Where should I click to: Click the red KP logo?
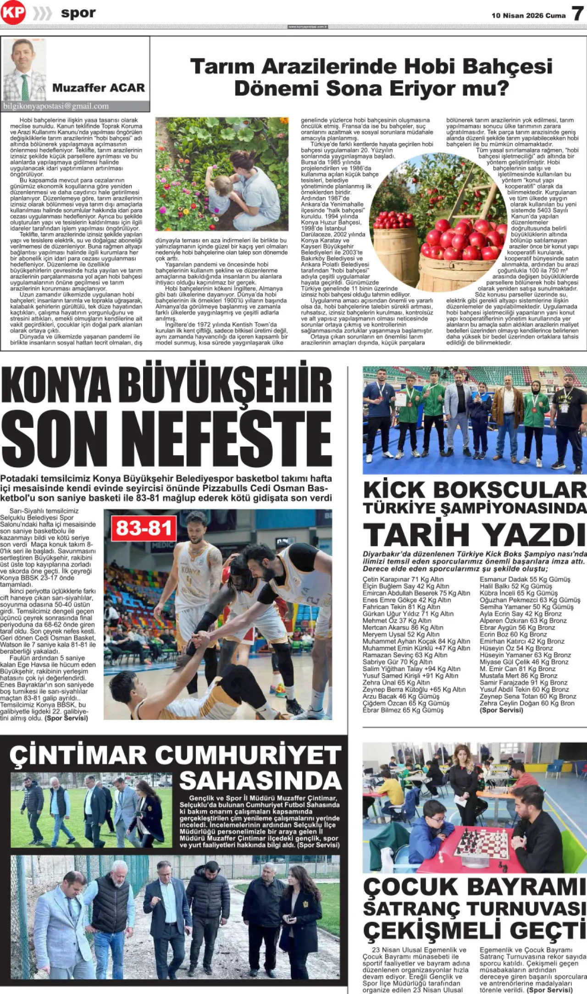click(13, 13)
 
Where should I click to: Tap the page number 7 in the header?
click(577, 14)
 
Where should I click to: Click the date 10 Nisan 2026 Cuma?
click(528, 16)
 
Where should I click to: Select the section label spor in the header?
click(78, 13)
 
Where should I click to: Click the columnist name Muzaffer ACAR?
click(98, 88)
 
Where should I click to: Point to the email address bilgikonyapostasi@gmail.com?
click(56, 106)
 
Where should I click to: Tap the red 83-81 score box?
click(144, 528)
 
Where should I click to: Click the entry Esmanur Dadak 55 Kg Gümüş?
click(525, 579)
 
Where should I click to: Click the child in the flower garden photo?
click(220, 191)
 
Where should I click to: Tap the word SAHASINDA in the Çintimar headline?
click(260, 780)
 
